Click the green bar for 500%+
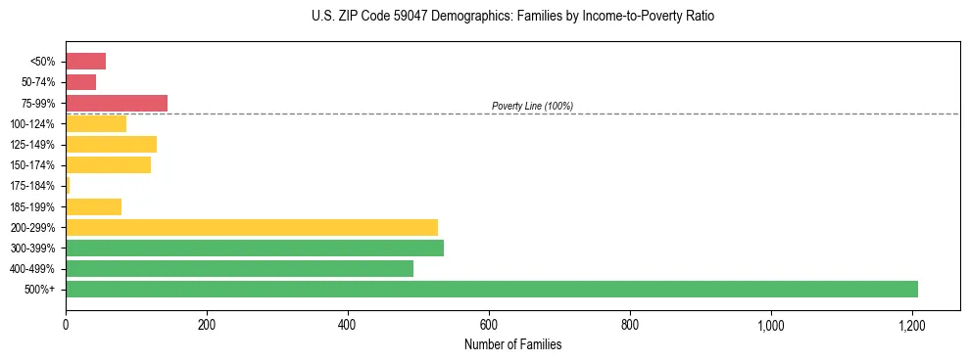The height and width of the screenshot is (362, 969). point(491,289)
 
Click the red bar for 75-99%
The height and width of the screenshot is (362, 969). point(117,103)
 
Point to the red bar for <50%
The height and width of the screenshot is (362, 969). point(85,62)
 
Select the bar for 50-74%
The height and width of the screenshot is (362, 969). point(80,82)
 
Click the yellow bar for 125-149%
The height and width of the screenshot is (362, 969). point(111,145)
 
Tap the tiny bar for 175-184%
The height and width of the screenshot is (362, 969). point(68,186)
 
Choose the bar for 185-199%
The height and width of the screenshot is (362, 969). point(93,206)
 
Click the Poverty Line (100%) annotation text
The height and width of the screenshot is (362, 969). point(532,106)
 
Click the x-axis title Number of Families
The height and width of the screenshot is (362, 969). point(512,344)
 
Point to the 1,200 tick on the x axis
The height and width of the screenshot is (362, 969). point(912,324)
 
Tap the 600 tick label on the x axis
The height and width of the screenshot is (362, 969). point(489,324)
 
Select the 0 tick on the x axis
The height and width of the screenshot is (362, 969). point(66,324)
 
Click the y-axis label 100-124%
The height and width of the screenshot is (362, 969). point(32,124)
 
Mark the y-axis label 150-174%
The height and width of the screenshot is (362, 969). point(32,165)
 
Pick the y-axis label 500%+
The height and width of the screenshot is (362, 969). point(39,290)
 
